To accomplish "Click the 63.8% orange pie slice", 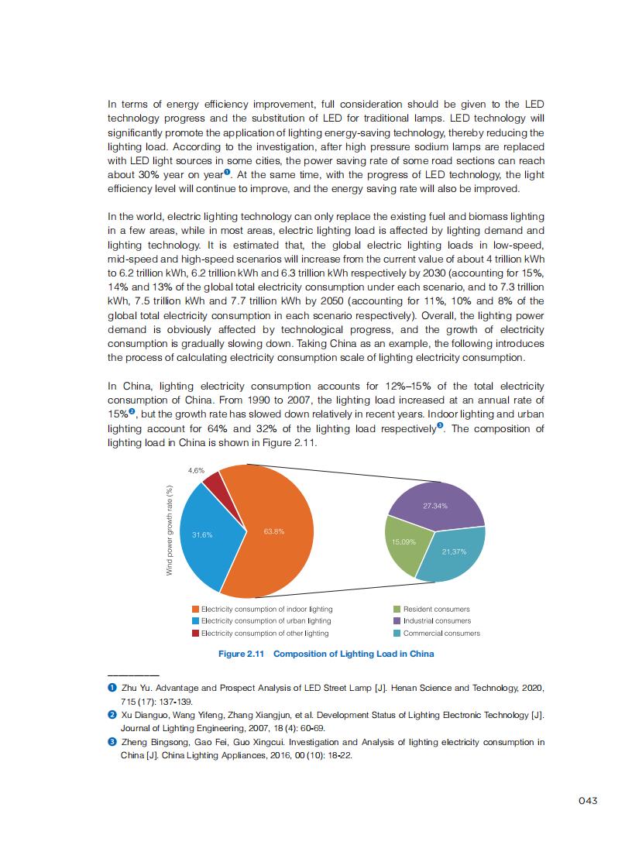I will click(x=275, y=542).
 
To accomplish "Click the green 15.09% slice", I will click(x=404, y=546).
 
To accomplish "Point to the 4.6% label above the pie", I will click(x=197, y=470).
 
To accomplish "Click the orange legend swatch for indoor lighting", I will click(x=196, y=609).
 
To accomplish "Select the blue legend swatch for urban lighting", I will click(x=196, y=620).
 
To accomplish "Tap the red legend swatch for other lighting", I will click(x=196, y=633).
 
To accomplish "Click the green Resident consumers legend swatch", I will click(x=397, y=609).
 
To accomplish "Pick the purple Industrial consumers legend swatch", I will click(x=397, y=620).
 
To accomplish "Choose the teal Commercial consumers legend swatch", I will click(x=397, y=633).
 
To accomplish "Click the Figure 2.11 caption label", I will click(x=242, y=654).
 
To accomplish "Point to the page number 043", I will click(x=588, y=801).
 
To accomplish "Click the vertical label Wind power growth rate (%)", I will click(x=169, y=530).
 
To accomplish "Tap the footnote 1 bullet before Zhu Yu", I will click(x=112, y=689).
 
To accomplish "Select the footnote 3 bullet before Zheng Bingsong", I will click(x=112, y=742).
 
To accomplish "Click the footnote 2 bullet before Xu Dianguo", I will click(x=112, y=715).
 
